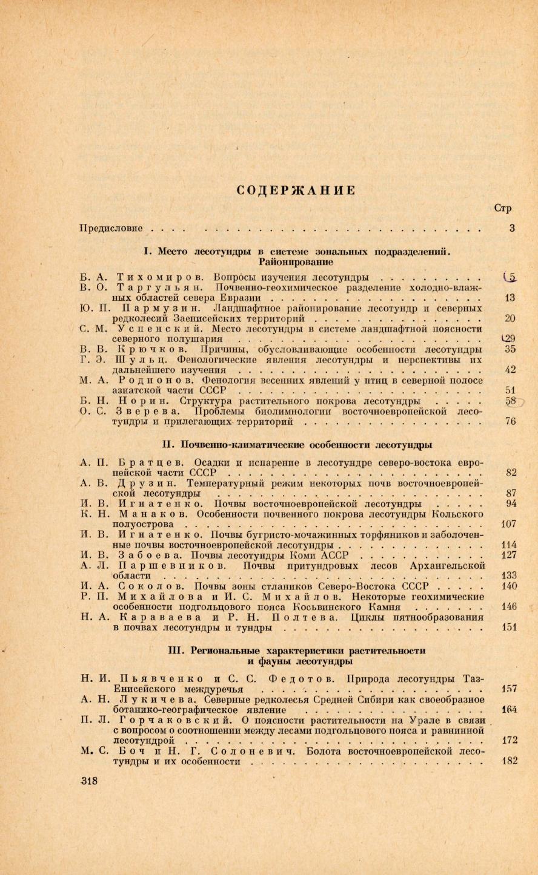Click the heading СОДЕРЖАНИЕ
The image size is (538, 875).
(295, 189)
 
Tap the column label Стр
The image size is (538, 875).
(503, 208)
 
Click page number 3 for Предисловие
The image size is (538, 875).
(512, 229)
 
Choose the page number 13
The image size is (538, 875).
(510, 297)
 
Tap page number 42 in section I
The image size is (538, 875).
(510, 370)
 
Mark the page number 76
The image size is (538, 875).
(510, 421)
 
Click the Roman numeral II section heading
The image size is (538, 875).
(297, 445)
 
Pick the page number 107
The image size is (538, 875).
(509, 524)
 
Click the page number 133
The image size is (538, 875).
(509, 575)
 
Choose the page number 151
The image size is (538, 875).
(509, 628)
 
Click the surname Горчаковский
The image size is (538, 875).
(175, 719)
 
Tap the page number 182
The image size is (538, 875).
(510, 761)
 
